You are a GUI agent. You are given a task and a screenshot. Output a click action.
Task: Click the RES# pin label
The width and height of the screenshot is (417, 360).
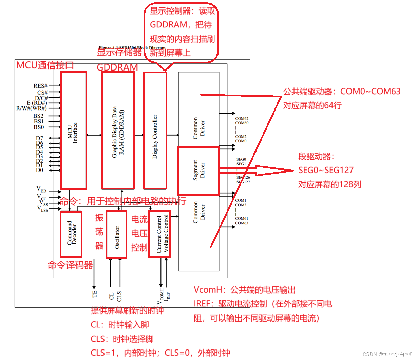40,86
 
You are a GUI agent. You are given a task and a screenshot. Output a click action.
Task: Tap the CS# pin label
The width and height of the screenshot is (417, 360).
42,92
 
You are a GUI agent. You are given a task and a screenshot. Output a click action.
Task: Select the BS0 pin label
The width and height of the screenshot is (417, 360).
39,127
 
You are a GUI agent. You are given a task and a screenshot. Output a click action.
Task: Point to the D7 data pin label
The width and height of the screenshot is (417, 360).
40,138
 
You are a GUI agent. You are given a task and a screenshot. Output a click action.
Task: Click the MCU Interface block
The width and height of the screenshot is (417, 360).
73,131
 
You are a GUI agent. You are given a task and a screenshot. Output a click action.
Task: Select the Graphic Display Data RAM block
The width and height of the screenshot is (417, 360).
118,131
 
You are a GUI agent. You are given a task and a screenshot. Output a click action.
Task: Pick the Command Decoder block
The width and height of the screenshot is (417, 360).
71,234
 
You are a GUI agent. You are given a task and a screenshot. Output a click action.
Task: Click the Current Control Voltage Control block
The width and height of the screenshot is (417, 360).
160,234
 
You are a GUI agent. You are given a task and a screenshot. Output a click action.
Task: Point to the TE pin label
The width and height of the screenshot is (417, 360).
95,294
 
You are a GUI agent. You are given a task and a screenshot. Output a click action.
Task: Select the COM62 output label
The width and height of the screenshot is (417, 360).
242,119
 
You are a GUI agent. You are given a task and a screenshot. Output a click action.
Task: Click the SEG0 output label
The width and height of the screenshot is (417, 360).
241,159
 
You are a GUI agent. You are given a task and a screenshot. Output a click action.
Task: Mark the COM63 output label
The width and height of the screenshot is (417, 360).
242,223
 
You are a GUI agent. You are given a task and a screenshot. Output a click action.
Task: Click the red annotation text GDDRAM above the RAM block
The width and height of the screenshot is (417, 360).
117,67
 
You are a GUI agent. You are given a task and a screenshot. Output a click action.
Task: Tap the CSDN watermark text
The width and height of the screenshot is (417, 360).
369,354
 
